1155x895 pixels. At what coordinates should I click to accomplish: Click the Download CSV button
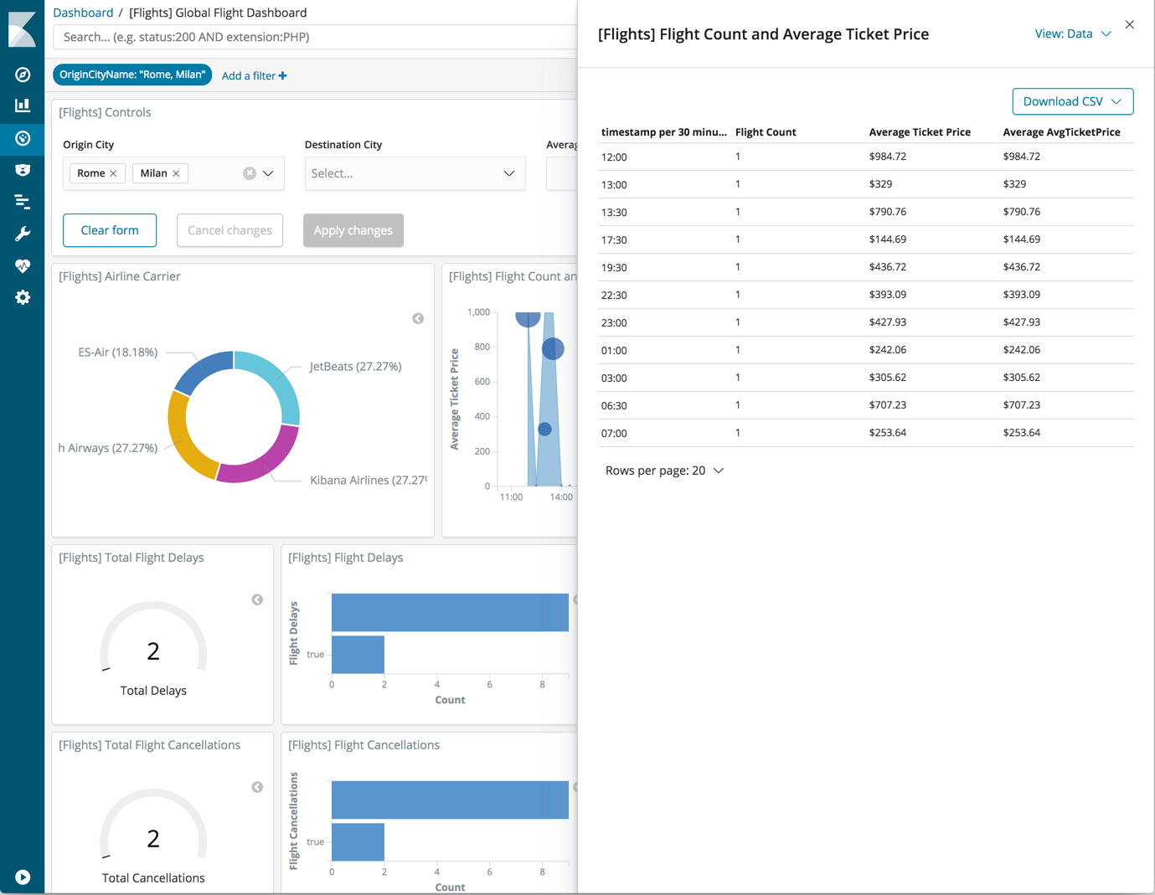tap(1071, 101)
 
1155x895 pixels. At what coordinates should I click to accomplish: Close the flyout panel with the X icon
tap(1129, 25)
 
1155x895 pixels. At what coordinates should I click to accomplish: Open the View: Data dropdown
tap(1072, 34)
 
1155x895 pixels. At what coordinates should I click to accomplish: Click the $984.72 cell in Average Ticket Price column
tap(887, 157)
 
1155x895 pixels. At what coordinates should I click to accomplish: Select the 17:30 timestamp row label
tap(614, 240)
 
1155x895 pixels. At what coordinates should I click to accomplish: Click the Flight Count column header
tap(766, 132)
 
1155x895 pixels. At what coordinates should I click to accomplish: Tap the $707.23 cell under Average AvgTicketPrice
tap(1021, 405)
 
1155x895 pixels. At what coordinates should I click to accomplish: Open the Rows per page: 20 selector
tap(664, 471)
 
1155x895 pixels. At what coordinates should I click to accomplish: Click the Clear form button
tap(110, 230)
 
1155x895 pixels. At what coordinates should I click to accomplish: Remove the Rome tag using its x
tap(114, 174)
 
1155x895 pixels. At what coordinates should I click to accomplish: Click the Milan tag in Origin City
tap(153, 173)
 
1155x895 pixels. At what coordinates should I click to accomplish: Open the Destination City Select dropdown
tap(415, 173)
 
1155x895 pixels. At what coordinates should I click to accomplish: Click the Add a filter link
tap(254, 76)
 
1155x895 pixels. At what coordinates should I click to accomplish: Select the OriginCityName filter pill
tap(131, 75)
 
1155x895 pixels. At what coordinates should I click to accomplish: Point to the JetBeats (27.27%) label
tap(355, 367)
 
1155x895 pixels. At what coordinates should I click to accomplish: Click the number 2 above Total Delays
tap(153, 651)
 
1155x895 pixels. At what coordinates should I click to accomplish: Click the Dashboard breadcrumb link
tap(83, 13)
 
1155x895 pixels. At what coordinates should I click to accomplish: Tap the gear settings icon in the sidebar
tap(23, 298)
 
